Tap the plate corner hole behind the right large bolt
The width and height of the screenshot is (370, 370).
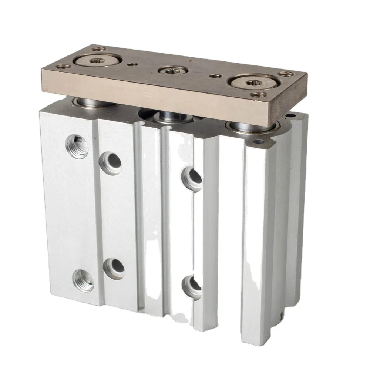[285, 74]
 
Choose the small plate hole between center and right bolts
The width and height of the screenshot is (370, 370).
[213, 76]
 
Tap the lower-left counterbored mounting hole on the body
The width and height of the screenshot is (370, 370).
[114, 267]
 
